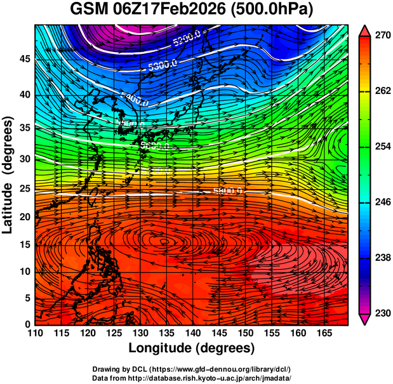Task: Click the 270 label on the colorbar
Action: click(381, 36)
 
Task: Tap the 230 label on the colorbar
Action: click(381, 313)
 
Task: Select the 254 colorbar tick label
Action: click(381, 147)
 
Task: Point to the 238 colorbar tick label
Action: click(381, 258)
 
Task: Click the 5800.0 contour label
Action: click(228, 190)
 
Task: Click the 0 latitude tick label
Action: click(27, 324)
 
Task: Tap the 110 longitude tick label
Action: click(35, 334)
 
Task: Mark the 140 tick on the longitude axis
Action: click(192, 334)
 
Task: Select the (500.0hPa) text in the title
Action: click(274, 11)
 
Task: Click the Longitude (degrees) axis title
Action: click(192, 348)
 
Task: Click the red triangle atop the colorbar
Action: click(365, 29)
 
